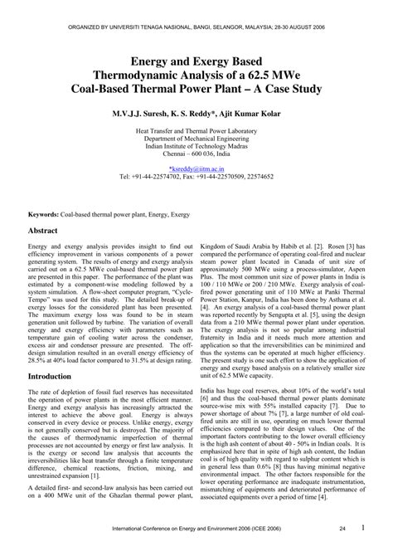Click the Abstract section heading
43,230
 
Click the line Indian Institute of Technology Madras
196,145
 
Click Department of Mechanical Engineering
196,137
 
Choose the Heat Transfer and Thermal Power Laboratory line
196,129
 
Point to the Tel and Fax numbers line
196,176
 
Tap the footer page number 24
342,528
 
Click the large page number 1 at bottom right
364,526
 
